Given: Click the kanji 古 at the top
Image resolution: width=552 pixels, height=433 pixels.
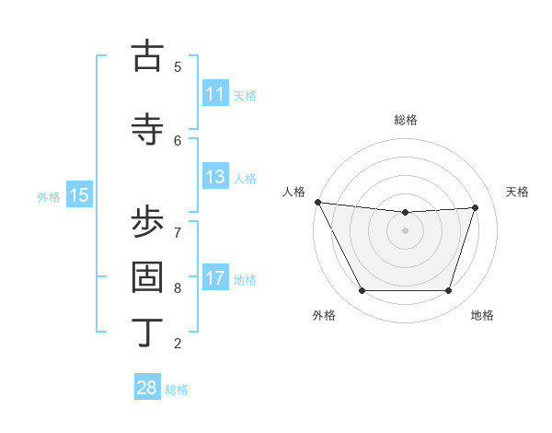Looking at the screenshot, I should pyautogui.click(x=147, y=56).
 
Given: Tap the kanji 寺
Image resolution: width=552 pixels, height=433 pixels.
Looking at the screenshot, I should pyautogui.click(x=147, y=128).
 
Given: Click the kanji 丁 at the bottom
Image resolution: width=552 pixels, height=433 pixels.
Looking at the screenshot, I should pyautogui.click(x=147, y=333).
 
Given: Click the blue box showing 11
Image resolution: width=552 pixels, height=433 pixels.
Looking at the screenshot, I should pyautogui.click(x=214, y=94).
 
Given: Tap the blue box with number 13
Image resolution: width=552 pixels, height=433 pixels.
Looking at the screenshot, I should pyautogui.click(x=214, y=177).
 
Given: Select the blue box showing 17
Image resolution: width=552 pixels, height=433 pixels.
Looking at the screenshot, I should pyautogui.click(x=214, y=278).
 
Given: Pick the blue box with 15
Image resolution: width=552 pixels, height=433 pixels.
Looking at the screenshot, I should pyautogui.click(x=79, y=195).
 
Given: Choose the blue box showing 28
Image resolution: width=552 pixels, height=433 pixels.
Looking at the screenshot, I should pyautogui.click(x=146, y=388).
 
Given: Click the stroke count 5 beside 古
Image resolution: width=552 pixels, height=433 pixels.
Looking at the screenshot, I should pyautogui.click(x=178, y=66).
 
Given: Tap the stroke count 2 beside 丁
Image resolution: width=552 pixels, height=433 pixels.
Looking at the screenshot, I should pyautogui.click(x=178, y=344).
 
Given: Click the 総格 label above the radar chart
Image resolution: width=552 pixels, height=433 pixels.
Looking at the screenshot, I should pyautogui.click(x=406, y=120).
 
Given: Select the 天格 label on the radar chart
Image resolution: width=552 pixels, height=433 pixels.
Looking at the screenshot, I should pyautogui.click(x=517, y=192).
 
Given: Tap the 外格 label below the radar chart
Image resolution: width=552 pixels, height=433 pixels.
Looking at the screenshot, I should pyautogui.click(x=324, y=315).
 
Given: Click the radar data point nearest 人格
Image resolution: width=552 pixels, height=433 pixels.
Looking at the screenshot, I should pyautogui.click(x=317, y=202).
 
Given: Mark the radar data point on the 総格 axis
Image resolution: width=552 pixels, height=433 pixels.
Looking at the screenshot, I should pyautogui.click(x=406, y=213).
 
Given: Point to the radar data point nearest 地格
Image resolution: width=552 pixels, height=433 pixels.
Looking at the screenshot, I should pyautogui.click(x=449, y=291).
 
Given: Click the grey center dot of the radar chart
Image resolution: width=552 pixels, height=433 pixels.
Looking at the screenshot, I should pyautogui.click(x=406, y=230).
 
